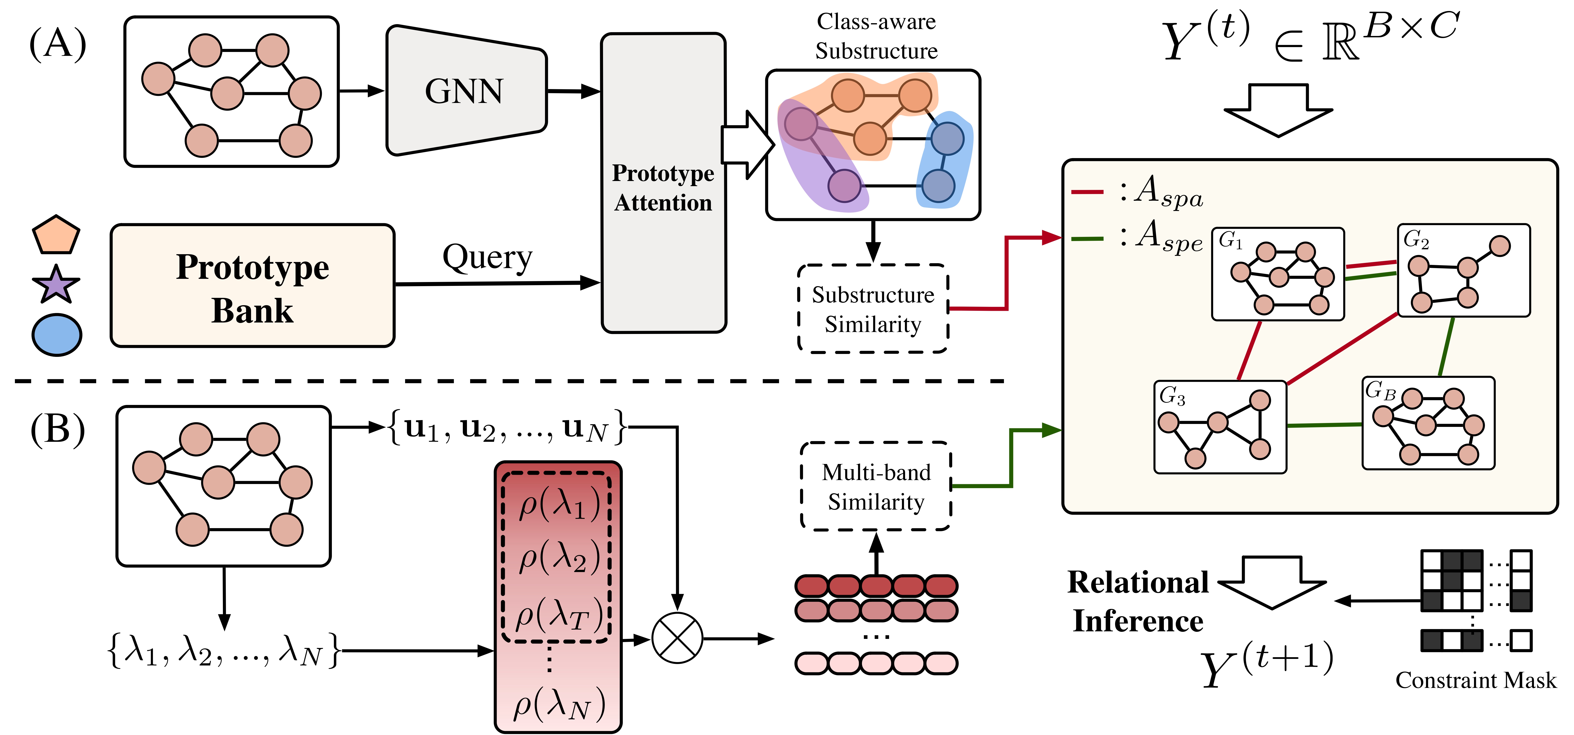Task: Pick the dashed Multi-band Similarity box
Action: coord(876,486)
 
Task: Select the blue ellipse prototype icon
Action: coord(56,335)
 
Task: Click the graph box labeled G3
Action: coord(1220,427)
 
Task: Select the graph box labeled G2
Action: coord(1464,270)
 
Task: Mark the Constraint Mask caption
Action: coord(1476,680)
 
